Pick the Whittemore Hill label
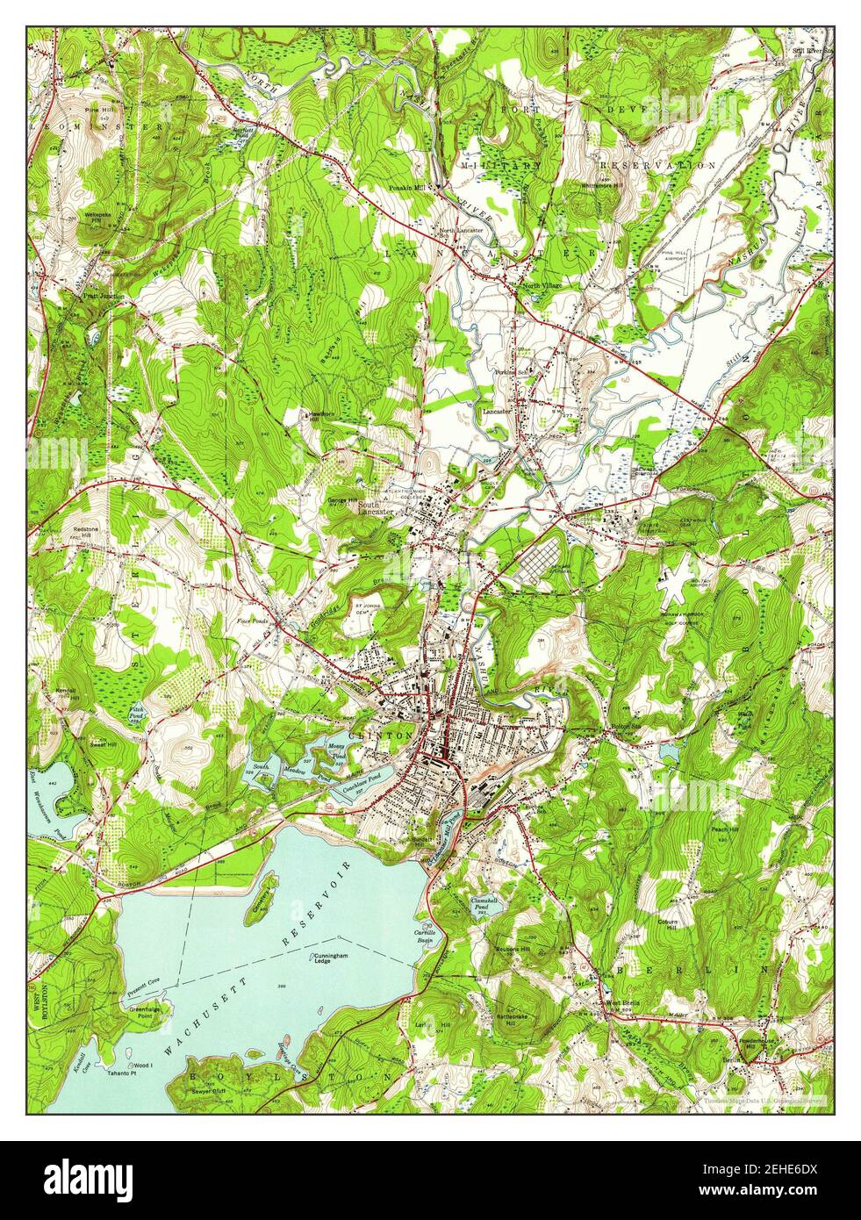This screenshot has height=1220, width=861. (601, 185)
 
